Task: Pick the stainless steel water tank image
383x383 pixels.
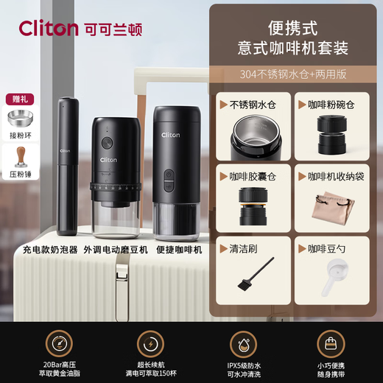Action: click(x=253, y=140)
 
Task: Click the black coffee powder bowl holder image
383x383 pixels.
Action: click(x=331, y=139)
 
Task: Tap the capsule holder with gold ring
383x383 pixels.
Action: click(x=254, y=206)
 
